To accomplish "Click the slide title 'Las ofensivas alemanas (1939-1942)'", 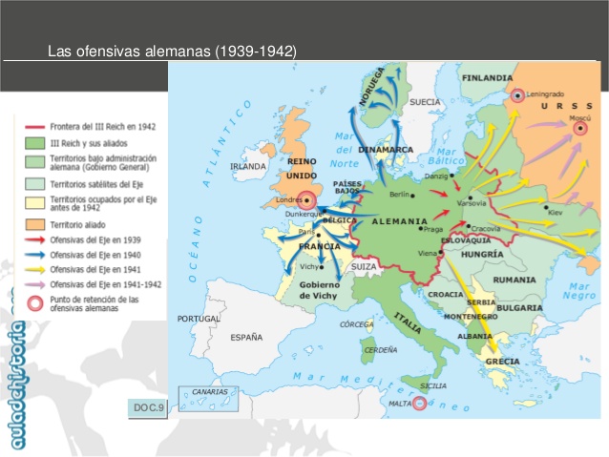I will coord(172,51).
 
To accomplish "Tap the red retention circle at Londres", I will coord(307,200).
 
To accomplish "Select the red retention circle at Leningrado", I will coord(516,95).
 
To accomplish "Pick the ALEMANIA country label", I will coord(400,220).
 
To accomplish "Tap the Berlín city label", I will coord(399,194).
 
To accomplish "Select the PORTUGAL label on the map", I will coord(198,318).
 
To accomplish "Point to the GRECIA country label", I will coord(502,362).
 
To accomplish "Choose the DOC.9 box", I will coord(149,408).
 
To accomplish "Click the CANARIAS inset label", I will coord(209,391).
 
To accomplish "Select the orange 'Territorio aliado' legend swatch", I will coord(34,223).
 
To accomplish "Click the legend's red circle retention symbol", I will coord(34,302).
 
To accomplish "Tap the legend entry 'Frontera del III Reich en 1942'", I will coord(106,125).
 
